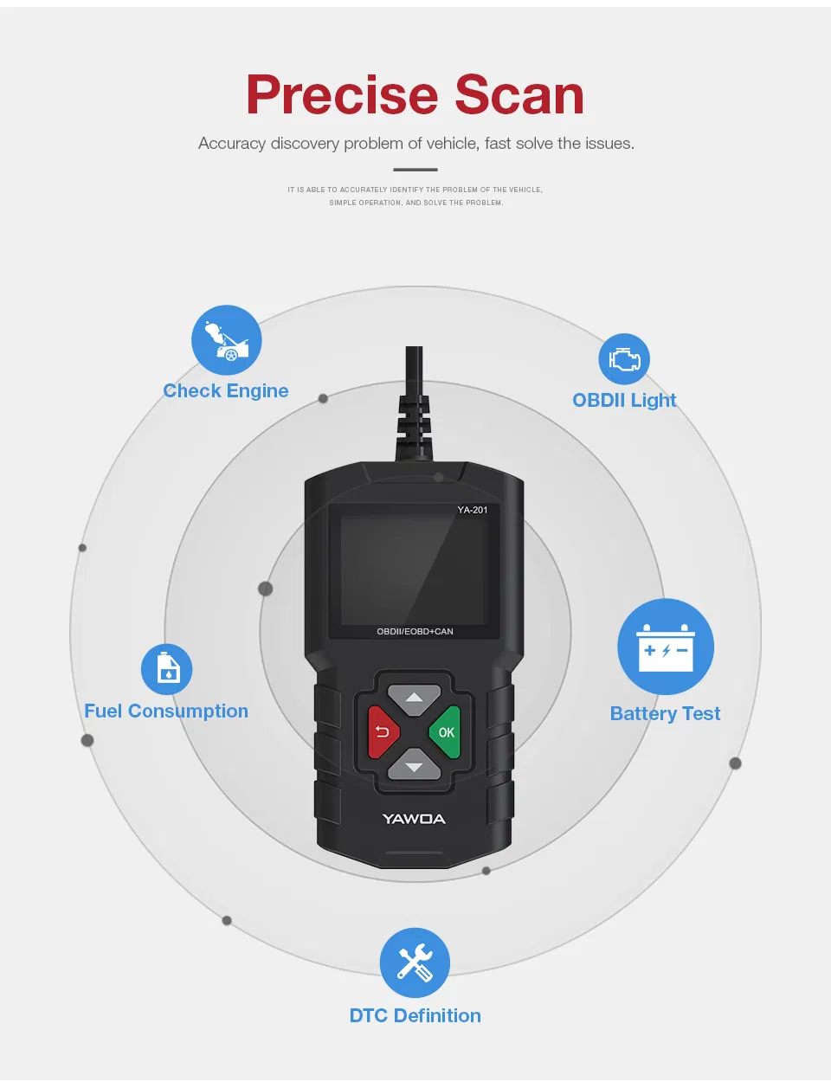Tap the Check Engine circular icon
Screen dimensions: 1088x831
[x=226, y=340]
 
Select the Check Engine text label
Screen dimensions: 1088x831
[x=226, y=391]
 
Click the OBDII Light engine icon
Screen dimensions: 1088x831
[x=624, y=359]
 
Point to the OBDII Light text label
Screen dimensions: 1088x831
[x=624, y=401]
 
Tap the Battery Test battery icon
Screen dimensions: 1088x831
[x=666, y=647]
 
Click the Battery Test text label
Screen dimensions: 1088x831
[x=665, y=714]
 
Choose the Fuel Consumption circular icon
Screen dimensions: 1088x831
[x=167, y=669]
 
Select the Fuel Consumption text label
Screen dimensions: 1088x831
[x=166, y=711]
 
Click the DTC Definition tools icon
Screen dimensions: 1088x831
[x=415, y=962]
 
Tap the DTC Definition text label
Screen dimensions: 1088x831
[x=415, y=1016]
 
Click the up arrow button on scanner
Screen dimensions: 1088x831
[x=415, y=698]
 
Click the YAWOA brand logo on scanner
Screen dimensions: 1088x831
[x=414, y=819]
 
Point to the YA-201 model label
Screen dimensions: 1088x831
[x=473, y=510]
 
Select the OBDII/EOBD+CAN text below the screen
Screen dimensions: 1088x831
[x=415, y=632]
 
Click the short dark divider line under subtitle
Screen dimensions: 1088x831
[x=415, y=170]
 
